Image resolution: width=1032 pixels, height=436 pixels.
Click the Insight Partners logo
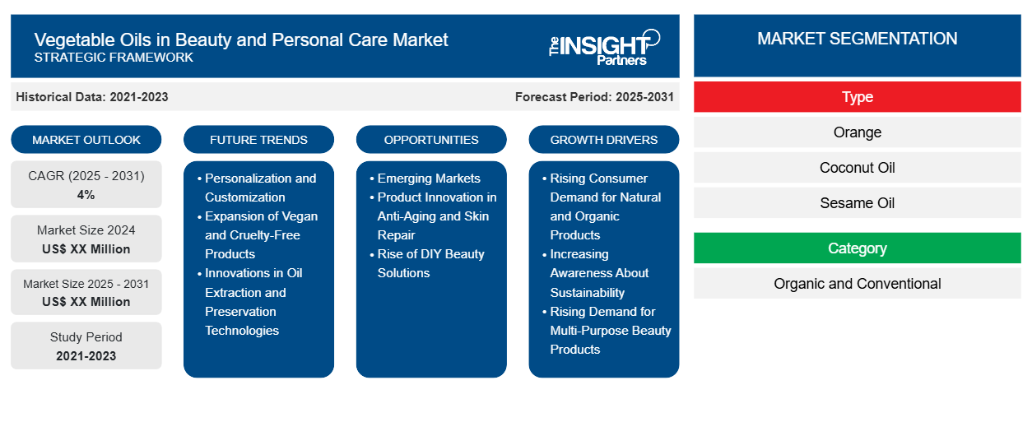click(x=604, y=46)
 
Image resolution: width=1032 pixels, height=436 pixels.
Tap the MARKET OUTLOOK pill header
click(x=86, y=140)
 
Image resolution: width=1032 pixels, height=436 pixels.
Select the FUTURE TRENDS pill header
click(x=258, y=140)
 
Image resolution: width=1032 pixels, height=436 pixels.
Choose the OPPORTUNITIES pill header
click(x=431, y=140)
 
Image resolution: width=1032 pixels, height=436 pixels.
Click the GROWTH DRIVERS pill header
click(x=604, y=140)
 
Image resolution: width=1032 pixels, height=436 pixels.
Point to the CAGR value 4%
click(x=86, y=195)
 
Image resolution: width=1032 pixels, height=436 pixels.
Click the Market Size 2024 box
click(x=86, y=239)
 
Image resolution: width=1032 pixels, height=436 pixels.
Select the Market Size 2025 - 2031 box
click(x=86, y=293)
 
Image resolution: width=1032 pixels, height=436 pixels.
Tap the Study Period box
click(x=86, y=346)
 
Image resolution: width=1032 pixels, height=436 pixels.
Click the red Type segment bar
click(x=857, y=97)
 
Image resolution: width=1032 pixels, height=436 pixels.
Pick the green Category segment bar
click(x=857, y=248)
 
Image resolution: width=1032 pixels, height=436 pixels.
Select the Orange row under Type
click(x=857, y=132)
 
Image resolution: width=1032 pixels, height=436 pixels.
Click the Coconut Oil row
click(x=857, y=168)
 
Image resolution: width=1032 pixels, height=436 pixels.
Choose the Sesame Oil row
click(x=857, y=203)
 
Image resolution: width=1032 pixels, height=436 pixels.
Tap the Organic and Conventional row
click(x=857, y=284)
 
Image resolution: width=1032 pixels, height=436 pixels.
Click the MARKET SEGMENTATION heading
click(x=857, y=39)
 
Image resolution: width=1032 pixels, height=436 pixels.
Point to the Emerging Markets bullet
click(x=429, y=179)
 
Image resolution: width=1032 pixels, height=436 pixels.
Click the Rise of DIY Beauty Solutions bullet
click(x=430, y=263)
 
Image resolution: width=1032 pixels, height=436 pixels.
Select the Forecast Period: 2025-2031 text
click(x=594, y=97)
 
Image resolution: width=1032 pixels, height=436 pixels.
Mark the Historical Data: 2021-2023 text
click(x=92, y=97)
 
